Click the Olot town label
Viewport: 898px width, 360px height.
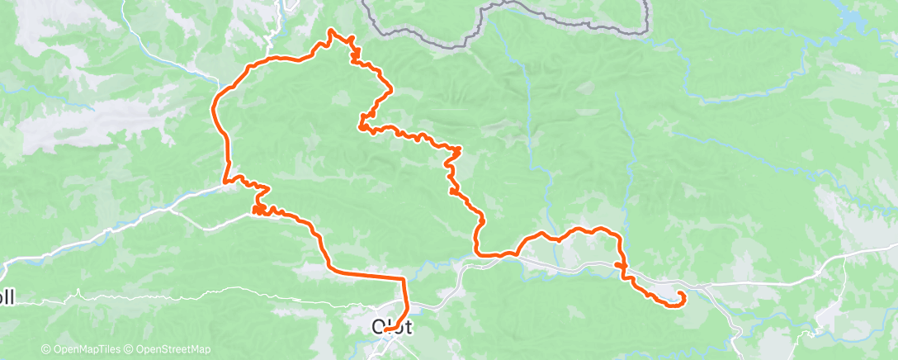392,326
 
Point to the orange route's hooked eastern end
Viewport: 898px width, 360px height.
682,296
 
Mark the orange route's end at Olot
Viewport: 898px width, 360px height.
386,330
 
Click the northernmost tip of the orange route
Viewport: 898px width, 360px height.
330,31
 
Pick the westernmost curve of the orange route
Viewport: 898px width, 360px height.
214,108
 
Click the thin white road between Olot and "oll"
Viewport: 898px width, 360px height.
206,290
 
